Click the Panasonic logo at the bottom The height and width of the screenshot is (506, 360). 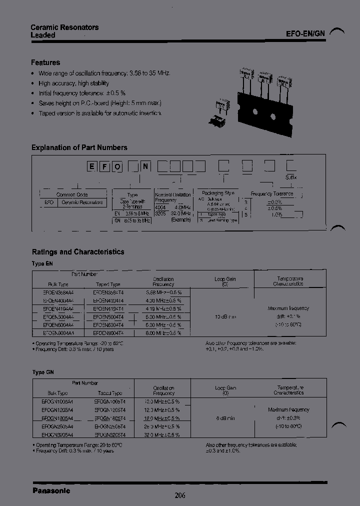pyautogui.click(x=51, y=490)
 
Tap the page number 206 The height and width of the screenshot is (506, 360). pyautogui.click(x=180, y=495)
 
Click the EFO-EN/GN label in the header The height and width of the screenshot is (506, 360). pyautogui.click(x=305, y=34)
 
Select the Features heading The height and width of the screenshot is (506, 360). pyautogui.click(x=45, y=62)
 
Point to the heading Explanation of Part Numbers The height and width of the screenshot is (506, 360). pyautogui.click(x=79, y=147)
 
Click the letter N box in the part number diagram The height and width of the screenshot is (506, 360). pyautogui.click(x=145, y=166)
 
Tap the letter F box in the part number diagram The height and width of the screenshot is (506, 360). pyautogui.click(x=104, y=166)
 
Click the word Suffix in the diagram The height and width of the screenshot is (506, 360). pyautogui.click(x=291, y=177)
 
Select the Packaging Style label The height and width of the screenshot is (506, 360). pyautogui.click(x=218, y=192)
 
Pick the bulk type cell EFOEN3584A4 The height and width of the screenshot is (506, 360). pyautogui.click(x=58, y=292)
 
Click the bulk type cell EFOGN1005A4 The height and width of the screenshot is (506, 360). pyautogui.click(x=58, y=401)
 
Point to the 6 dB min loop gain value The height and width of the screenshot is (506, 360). pyautogui.click(x=225, y=418)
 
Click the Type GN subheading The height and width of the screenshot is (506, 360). pyautogui.click(x=42, y=372)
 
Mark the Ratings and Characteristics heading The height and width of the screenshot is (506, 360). pyautogui.click(x=78, y=252)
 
